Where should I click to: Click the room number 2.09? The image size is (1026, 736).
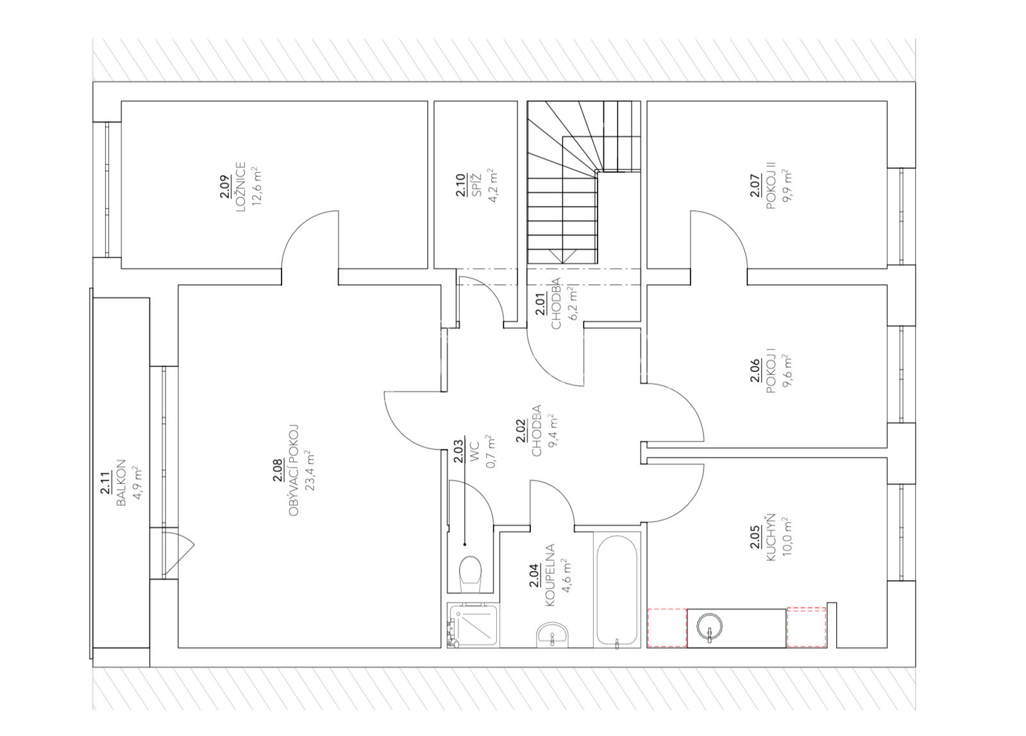tap(225, 187)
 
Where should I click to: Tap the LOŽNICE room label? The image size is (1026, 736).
tap(241, 187)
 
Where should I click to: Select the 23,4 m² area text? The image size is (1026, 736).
tap(310, 470)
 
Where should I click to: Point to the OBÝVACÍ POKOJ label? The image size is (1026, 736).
tap(294, 470)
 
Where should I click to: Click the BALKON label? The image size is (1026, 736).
tap(121, 483)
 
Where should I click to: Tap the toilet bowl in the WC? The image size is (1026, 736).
tap(470, 575)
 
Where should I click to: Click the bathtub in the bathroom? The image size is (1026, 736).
tap(617, 590)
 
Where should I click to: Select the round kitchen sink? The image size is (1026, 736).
tap(709, 626)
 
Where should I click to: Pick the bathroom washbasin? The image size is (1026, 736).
tap(552, 634)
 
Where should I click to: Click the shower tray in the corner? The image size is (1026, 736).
tap(473, 624)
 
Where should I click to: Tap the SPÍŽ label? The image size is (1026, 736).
tap(476, 185)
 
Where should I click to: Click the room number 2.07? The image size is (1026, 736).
tap(756, 185)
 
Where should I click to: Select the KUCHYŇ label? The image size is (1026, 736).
tap(771, 538)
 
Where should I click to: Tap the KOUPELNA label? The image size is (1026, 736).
tap(550, 575)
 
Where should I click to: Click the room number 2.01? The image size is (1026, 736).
tap(541, 304)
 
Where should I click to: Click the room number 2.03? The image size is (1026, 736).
tap(459, 451)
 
